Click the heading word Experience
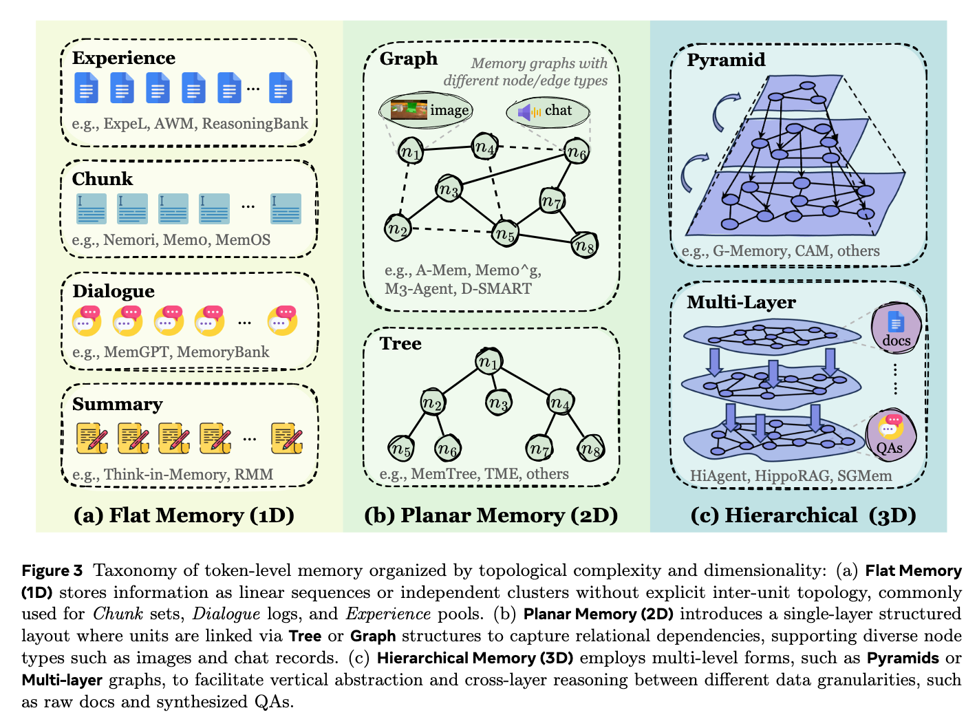[124, 58]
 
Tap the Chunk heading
[103, 179]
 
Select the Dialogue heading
[114, 291]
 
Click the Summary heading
[118, 404]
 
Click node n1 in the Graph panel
[411, 151]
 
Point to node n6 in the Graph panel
[577, 152]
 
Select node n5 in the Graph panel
[505, 234]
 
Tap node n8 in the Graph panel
[585, 244]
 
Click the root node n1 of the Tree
[488, 361]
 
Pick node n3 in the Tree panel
[497, 403]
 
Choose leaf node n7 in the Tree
[539, 449]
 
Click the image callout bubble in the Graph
[427, 110]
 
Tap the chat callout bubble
[548, 111]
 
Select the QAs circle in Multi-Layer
[890, 435]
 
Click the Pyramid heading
[726, 60]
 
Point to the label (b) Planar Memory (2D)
[491, 515]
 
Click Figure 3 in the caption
[52, 571]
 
